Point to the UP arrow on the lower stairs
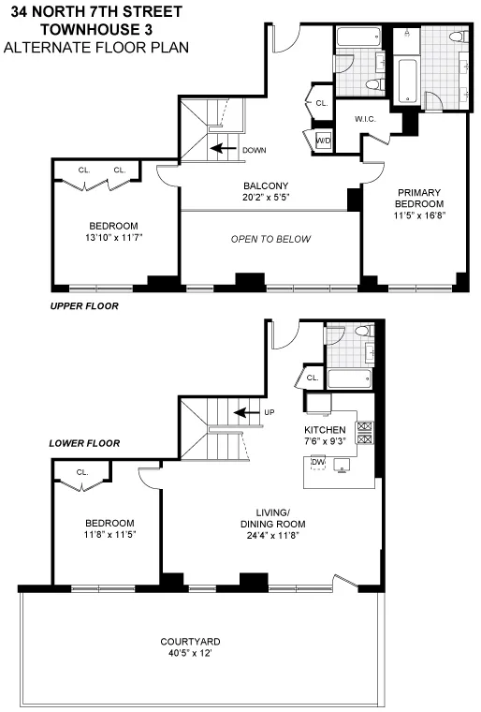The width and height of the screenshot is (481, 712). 246,412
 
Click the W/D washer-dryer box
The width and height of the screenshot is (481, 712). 323,141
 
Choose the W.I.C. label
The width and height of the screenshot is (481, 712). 366,119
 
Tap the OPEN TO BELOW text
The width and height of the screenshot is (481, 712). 270,239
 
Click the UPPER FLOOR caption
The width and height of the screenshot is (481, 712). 83,306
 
